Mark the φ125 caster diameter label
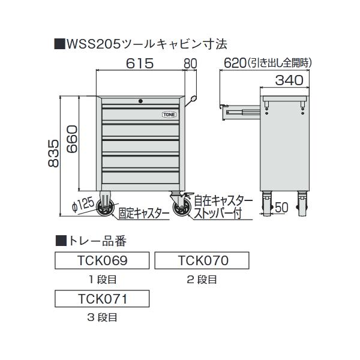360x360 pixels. (82, 205)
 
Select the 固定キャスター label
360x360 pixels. (143, 212)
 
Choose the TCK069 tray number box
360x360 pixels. (101, 260)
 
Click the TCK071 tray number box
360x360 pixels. (101, 297)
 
